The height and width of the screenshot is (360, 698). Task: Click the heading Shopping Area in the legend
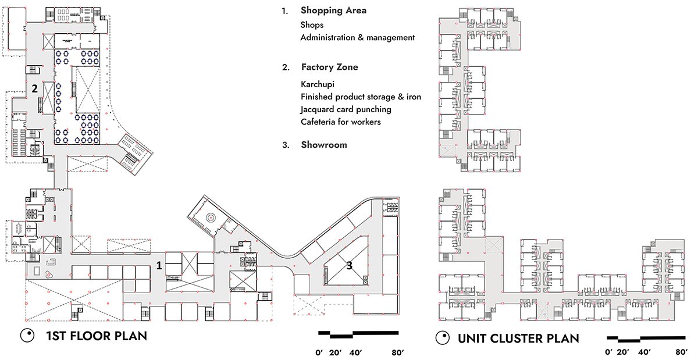[333, 11]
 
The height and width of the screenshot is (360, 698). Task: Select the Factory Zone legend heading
[329, 67]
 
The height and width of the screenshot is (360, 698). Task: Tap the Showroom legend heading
[323, 145]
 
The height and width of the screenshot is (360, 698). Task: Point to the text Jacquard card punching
[346, 109]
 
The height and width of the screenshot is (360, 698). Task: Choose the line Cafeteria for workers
[340, 122]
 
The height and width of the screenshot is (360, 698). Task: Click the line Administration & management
[357, 38]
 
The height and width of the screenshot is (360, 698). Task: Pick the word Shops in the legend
[312, 25]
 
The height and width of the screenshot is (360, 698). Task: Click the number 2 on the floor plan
[35, 89]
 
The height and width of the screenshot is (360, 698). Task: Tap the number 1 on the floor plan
[158, 265]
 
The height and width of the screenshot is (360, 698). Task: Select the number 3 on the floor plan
[349, 266]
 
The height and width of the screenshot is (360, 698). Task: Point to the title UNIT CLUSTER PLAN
[518, 338]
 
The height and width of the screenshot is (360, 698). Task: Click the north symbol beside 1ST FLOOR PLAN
[26, 336]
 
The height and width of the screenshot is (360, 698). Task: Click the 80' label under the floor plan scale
[398, 352]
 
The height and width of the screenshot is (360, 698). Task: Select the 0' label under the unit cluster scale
[608, 352]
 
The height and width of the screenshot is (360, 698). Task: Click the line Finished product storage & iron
[361, 97]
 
